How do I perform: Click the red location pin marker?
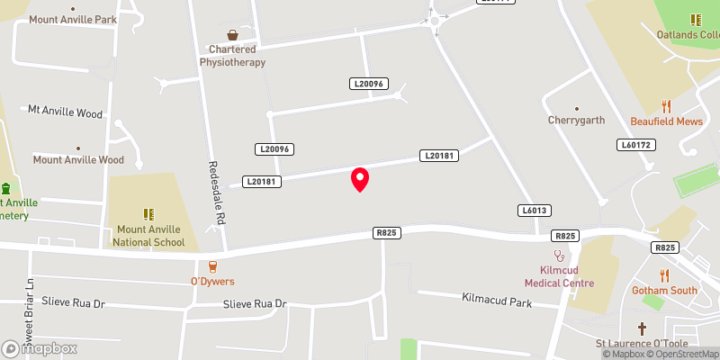click(360, 179)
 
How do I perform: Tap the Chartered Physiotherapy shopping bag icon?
click(233, 35)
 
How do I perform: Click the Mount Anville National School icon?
click(149, 214)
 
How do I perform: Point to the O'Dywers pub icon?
click(212, 266)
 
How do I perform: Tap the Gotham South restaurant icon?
click(665, 275)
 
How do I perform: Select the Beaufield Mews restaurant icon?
click(666, 105)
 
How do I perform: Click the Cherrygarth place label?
click(576, 120)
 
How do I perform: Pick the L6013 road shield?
click(533, 210)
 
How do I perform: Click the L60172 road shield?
click(634, 144)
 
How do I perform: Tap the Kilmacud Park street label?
click(497, 299)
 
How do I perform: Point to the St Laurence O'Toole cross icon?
click(642, 328)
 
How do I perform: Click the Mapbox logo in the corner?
click(40, 348)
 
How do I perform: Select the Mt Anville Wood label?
click(65, 111)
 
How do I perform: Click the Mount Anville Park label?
click(73, 19)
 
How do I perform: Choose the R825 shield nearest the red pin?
click(386, 233)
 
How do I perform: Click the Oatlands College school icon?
click(695, 19)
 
